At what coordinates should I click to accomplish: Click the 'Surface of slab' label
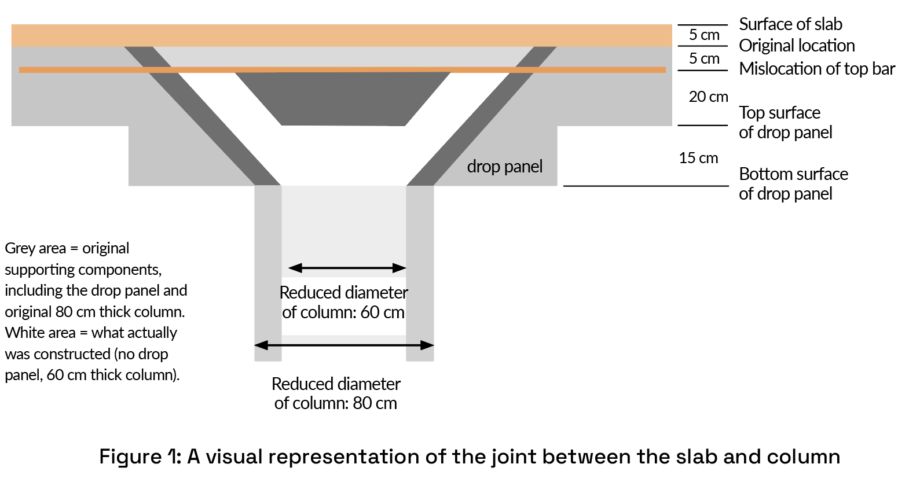pos(790,24)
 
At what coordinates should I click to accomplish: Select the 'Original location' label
pos(797,46)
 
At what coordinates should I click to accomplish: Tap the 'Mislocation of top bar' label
pos(817,68)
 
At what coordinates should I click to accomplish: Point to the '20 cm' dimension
pos(708,97)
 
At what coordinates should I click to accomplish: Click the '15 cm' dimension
pos(698,158)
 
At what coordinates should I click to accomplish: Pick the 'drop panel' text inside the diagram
pos(504,166)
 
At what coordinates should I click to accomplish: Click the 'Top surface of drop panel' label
pos(785,123)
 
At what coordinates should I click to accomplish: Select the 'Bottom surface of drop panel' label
pos(793,184)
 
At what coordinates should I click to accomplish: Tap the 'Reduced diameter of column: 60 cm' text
pos(343,302)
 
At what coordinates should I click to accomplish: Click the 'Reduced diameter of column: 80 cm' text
pos(336,393)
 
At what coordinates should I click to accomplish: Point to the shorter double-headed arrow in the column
pos(347,268)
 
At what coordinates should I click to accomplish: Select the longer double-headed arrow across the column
pos(344,345)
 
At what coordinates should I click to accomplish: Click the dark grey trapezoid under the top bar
pos(343,98)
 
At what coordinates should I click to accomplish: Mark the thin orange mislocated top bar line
pos(343,70)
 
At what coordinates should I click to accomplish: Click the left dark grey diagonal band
pos(202,116)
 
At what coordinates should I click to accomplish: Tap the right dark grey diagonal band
pos(482,116)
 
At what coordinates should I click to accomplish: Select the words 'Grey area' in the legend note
pos(35,248)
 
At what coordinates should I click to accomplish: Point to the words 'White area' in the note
pos(40,333)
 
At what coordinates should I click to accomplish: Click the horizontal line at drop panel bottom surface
pos(646,186)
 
